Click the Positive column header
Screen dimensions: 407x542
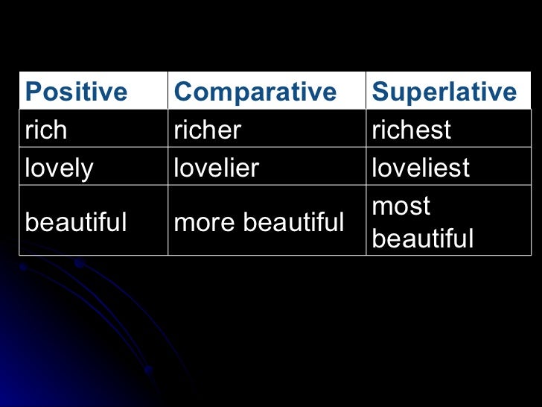tap(76, 92)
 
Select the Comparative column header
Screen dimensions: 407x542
tap(255, 92)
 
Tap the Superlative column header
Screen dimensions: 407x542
tap(444, 92)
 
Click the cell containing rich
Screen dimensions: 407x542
tap(45, 130)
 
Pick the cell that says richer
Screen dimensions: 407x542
tap(207, 130)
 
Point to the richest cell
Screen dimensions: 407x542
tap(411, 130)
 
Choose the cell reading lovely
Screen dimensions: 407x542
tap(59, 168)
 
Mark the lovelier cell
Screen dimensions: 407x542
tap(216, 168)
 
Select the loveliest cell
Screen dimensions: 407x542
tap(421, 168)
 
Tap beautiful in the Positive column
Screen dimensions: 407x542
tap(76, 221)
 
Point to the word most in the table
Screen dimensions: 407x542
tap(401, 206)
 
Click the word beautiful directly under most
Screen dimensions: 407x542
tap(422, 239)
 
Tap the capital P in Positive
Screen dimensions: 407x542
tap(32, 92)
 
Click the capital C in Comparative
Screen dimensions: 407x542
tap(182, 92)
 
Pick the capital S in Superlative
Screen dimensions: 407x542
tap(380, 92)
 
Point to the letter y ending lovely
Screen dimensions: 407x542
tap(88, 170)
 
